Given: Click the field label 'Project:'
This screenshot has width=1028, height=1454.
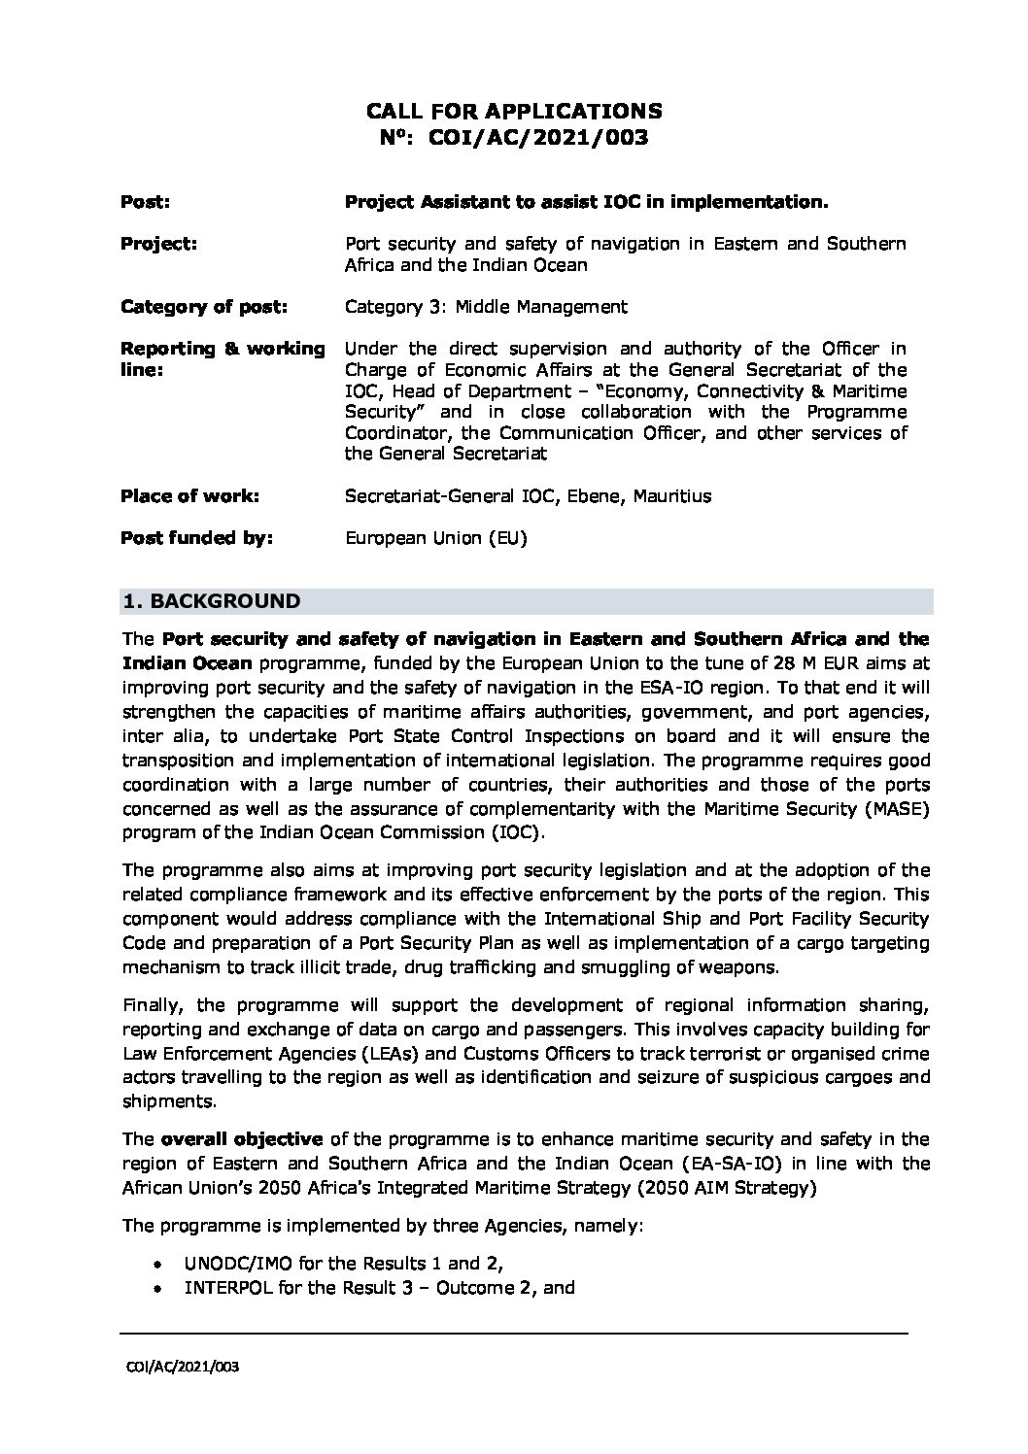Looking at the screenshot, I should (x=158, y=244).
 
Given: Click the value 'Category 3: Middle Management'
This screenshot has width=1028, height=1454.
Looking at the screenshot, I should (x=486, y=307).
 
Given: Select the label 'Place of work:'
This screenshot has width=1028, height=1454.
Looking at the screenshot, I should (x=189, y=496).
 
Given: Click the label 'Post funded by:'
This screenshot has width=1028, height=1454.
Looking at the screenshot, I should (x=196, y=538).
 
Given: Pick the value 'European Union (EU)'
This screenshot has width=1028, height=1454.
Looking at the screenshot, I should (x=435, y=538).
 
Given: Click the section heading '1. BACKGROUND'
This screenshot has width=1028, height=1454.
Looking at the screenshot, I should (x=211, y=601).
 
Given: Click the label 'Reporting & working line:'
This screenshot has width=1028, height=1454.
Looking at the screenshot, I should (x=223, y=358).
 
